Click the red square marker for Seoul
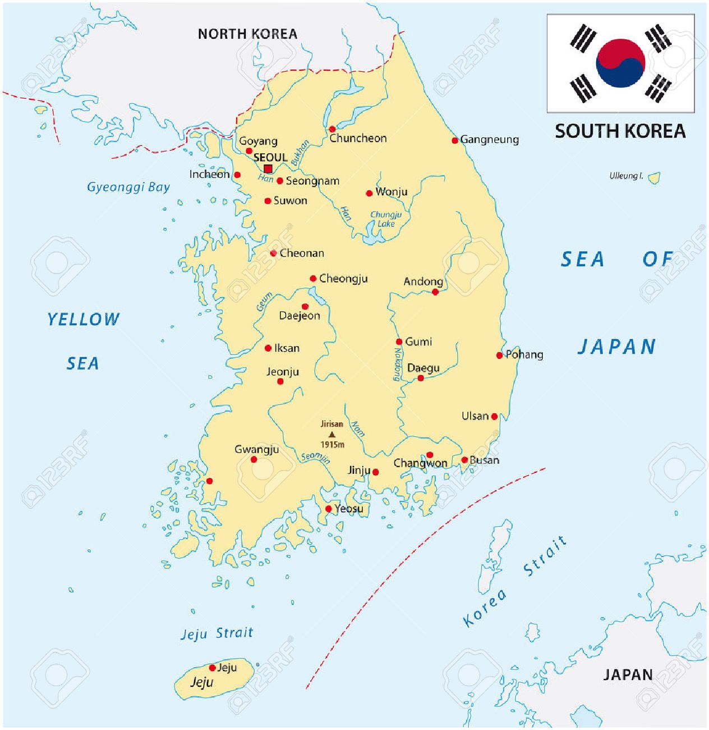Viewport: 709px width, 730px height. pos(268,168)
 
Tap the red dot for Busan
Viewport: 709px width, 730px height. pos(464,460)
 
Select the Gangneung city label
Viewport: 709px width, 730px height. pos(489,139)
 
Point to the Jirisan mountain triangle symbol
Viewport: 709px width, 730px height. pos(332,434)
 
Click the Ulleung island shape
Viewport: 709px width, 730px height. pos(653,178)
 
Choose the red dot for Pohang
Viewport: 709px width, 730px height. pos(499,355)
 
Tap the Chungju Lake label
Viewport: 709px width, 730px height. pos(386,219)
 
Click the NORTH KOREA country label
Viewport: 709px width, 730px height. pos(247,34)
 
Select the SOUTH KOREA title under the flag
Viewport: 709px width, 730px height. pos(620,131)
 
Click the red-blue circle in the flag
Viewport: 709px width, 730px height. pos(620,63)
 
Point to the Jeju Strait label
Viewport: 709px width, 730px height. pos(217,633)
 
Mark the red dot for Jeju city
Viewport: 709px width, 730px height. pos(212,668)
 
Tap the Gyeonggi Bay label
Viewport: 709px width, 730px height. pos(128,187)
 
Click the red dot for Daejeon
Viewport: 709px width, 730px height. pos(305,307)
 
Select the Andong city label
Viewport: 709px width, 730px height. pos(423,281)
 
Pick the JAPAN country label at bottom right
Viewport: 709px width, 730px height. pos(628,674)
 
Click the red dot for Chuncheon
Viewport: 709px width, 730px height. pos(332,129)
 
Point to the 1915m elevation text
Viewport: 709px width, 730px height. pos(332,445)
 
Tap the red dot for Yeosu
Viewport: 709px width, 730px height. pos(329,509)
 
